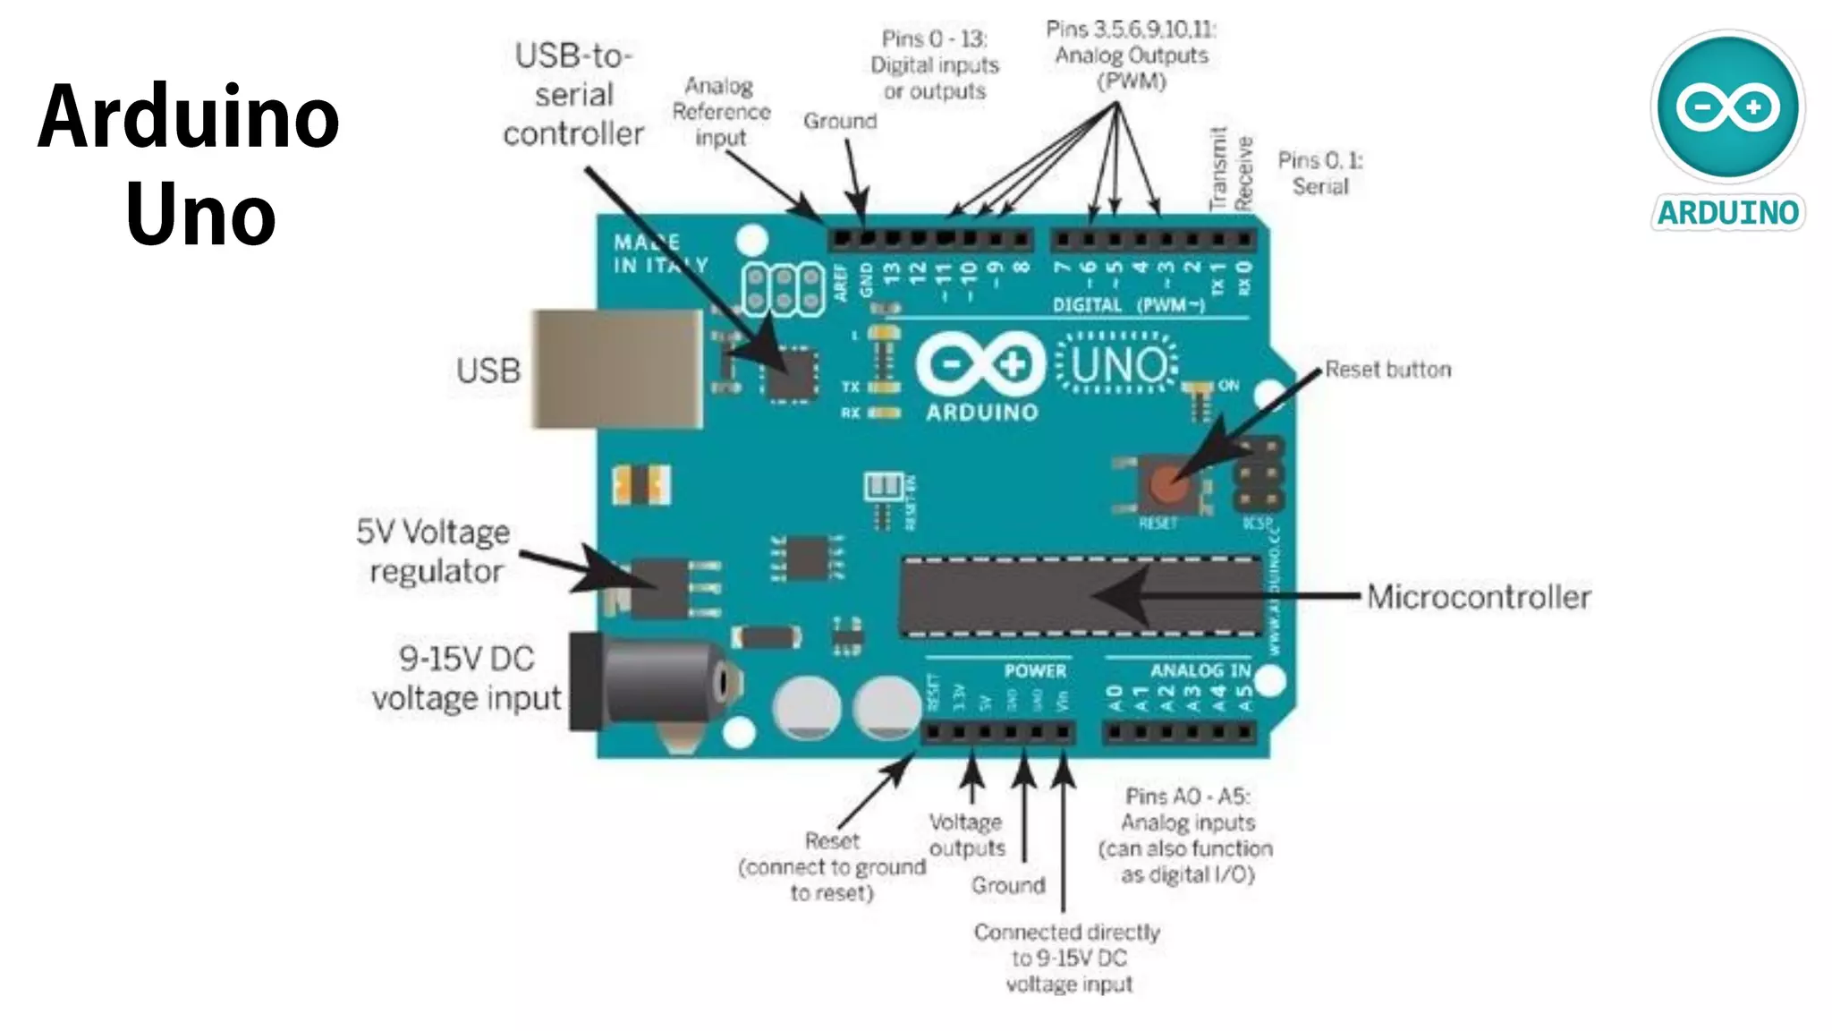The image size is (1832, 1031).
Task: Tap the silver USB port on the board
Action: [x=617, y=369]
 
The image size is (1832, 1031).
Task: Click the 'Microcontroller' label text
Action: [x=1479, y=597]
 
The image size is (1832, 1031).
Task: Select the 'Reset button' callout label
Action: [x=1387, y=370]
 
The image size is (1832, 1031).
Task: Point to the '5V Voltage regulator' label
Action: [x=434, y=551]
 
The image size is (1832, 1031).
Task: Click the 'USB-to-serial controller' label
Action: [x=573, y=95]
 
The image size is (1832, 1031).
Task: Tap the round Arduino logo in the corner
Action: [x=1727, y=107]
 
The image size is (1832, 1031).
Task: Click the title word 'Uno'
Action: [x=200, y=215]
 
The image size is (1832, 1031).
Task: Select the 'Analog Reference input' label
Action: [x=720, y=112]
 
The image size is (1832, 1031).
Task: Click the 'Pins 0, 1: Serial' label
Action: [x=1320, y=173]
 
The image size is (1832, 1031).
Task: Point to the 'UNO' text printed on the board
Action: [x=1118, y=365]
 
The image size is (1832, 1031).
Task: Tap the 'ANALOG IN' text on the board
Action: [x=1200, y=670]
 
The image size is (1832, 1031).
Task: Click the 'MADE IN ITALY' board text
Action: [x=659, y=253]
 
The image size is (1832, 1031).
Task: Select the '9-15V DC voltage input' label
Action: [x=466, y=678]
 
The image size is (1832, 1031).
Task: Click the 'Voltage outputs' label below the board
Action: [x=966, y=834]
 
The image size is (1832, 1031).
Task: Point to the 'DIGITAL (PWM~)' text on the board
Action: [x=1129, y=305]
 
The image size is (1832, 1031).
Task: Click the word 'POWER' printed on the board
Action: [x=1035, y=670]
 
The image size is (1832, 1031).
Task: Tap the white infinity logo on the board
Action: [x=981, y=365]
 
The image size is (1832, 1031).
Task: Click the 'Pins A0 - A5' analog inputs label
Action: [x=1186, y=835]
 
